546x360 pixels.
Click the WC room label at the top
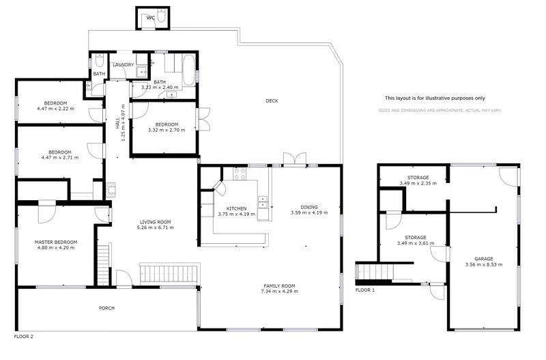point(150,18)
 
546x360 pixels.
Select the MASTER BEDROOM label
point(56,242)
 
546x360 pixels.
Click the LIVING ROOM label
point(155,222)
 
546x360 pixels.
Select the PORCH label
point(106,308)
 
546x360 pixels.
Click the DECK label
point(272,101)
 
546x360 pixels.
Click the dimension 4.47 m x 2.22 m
point(56,108)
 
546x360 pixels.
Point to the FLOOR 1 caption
point(365,290)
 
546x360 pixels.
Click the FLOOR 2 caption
point(23,337)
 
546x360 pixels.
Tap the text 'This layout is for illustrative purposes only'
point(435,98)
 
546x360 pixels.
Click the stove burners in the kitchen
point(240,174)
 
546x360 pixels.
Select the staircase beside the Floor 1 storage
point(375,272)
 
